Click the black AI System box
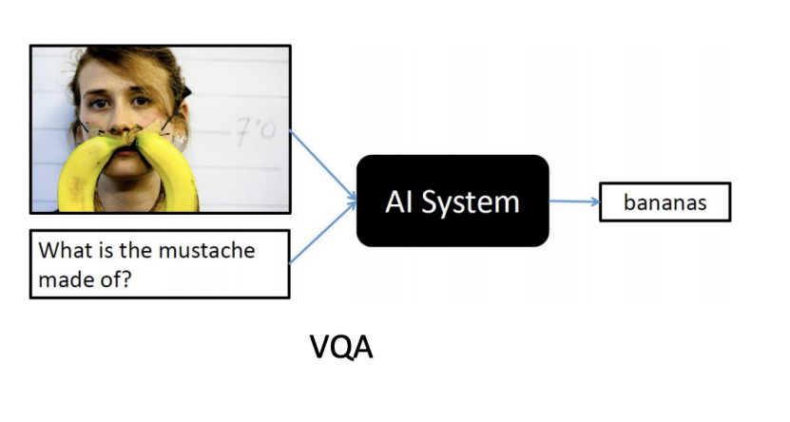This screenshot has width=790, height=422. pyautogui.click(x=453, y=201)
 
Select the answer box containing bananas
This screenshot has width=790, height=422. pyautogui.click(x=665, y=201)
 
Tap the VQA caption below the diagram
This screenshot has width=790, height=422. pyautogui.click(x=342, y=348)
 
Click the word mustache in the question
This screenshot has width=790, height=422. pyautogui.click(x=211, y=252)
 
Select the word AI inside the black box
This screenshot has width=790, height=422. pyautogui.click(x=399, y=201)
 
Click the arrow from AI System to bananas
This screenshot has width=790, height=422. pyautogui.click(x=573, y=201)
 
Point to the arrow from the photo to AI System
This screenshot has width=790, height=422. pyautogui.click(x=323, y=166)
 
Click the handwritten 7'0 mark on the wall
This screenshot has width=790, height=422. pyautogui.click(x=256, y=130)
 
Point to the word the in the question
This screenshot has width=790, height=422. pyautogui.click(x=140, y=252)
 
